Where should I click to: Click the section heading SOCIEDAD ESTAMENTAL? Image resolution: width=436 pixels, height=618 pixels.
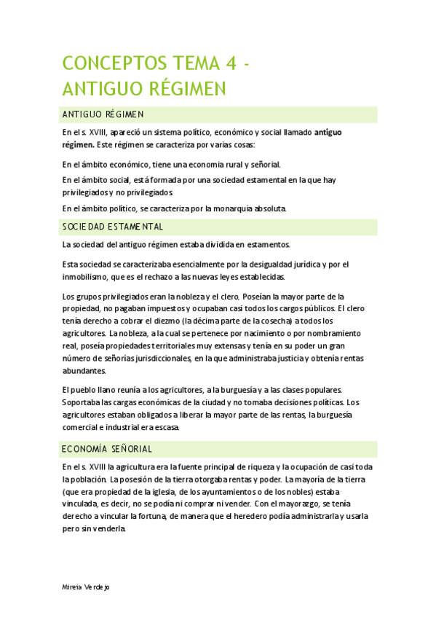(x=113, y=227)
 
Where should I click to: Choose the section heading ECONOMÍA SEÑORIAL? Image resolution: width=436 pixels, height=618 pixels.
(x=107, y=448)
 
